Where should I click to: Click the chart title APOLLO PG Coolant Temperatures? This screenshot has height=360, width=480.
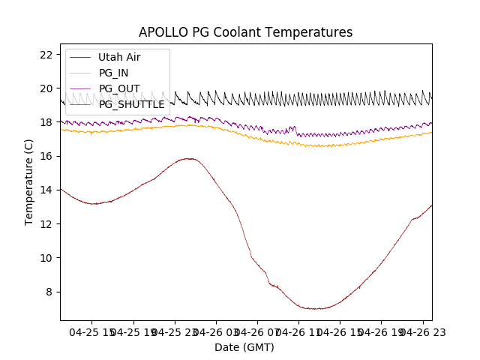click(245, 32)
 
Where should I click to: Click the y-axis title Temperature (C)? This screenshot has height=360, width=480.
click(29, 181)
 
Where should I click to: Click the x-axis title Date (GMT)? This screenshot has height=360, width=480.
click(244, 347)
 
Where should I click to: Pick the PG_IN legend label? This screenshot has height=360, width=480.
click(113, 73)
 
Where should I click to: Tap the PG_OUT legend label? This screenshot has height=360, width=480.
click(118, 88)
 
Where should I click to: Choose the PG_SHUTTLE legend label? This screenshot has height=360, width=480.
click(131, 104)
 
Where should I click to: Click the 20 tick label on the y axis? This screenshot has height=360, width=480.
click(46, 88)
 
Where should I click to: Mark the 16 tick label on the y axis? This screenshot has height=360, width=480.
click(46, 156)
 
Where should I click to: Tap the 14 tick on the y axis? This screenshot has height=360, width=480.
click(46, 190)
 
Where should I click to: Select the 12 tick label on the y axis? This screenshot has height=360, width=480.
click(46, 223)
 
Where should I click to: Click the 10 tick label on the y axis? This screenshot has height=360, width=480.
click(46, 257)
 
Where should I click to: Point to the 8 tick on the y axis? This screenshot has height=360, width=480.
click(49, 292)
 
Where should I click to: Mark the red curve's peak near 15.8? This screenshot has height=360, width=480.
click(189, 158)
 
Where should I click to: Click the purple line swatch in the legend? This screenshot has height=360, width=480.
click(80, 88)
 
